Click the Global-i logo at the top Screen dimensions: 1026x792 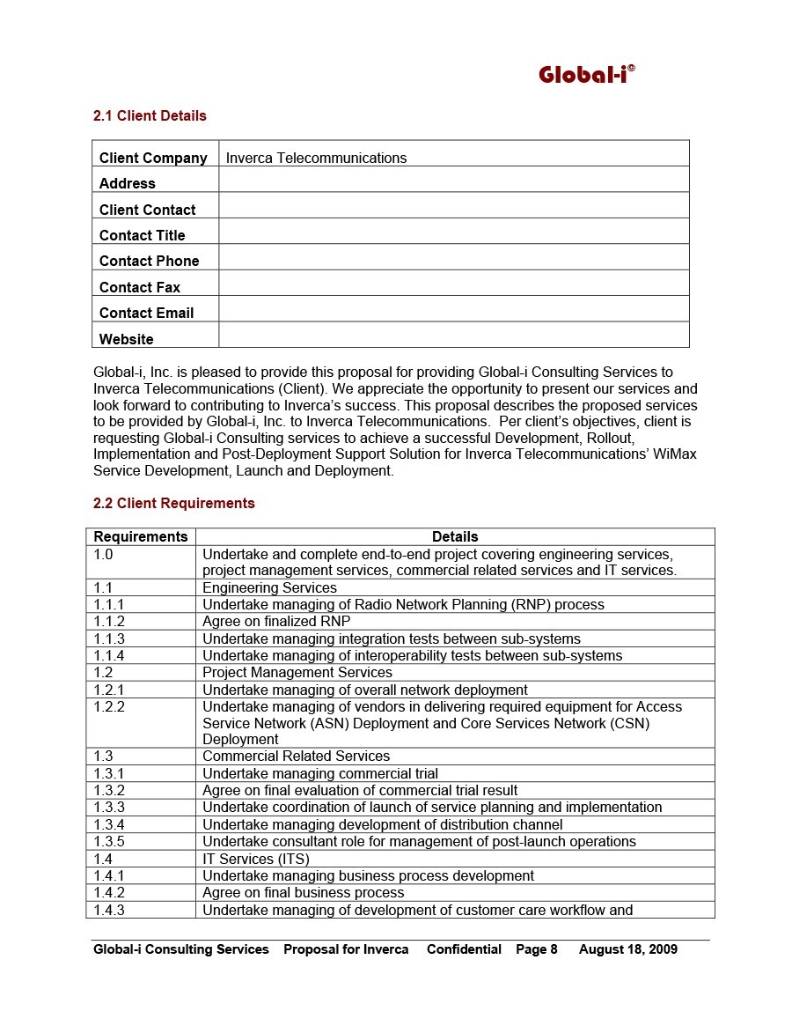click(x=586, y=75)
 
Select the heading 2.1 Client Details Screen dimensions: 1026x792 click(x=150, y=116)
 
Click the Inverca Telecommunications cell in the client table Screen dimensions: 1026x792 click(x=316, y=159)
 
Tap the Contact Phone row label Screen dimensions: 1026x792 click(x=150, y=262)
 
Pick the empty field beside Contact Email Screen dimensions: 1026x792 click(x=453, y=309)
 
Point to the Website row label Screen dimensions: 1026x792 click(x=127, y=339)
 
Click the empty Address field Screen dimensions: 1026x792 click(x=453, y=180)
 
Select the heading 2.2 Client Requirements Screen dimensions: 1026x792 click(x=174, y=504)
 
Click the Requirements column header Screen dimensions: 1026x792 click(x=141, y=536)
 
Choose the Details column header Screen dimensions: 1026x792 click(x=455, y=536)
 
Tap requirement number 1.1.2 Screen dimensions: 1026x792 click(x=110, y=622)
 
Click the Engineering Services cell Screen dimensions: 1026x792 click(x=269, y=587)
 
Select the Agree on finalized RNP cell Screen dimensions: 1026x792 click(x=276, y=622)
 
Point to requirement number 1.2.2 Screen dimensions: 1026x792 click(x=110, y=707)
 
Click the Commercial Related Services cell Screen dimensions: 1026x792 click(x=296, y=757)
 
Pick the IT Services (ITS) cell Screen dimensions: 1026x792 click(x=256, y=859)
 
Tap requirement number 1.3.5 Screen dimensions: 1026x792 click(x=110, y=842)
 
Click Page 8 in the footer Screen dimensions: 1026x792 click(x=537, y=949)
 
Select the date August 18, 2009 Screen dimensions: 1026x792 click(x=628, y=949)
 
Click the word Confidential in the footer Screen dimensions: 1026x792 click(x=464, y=949)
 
